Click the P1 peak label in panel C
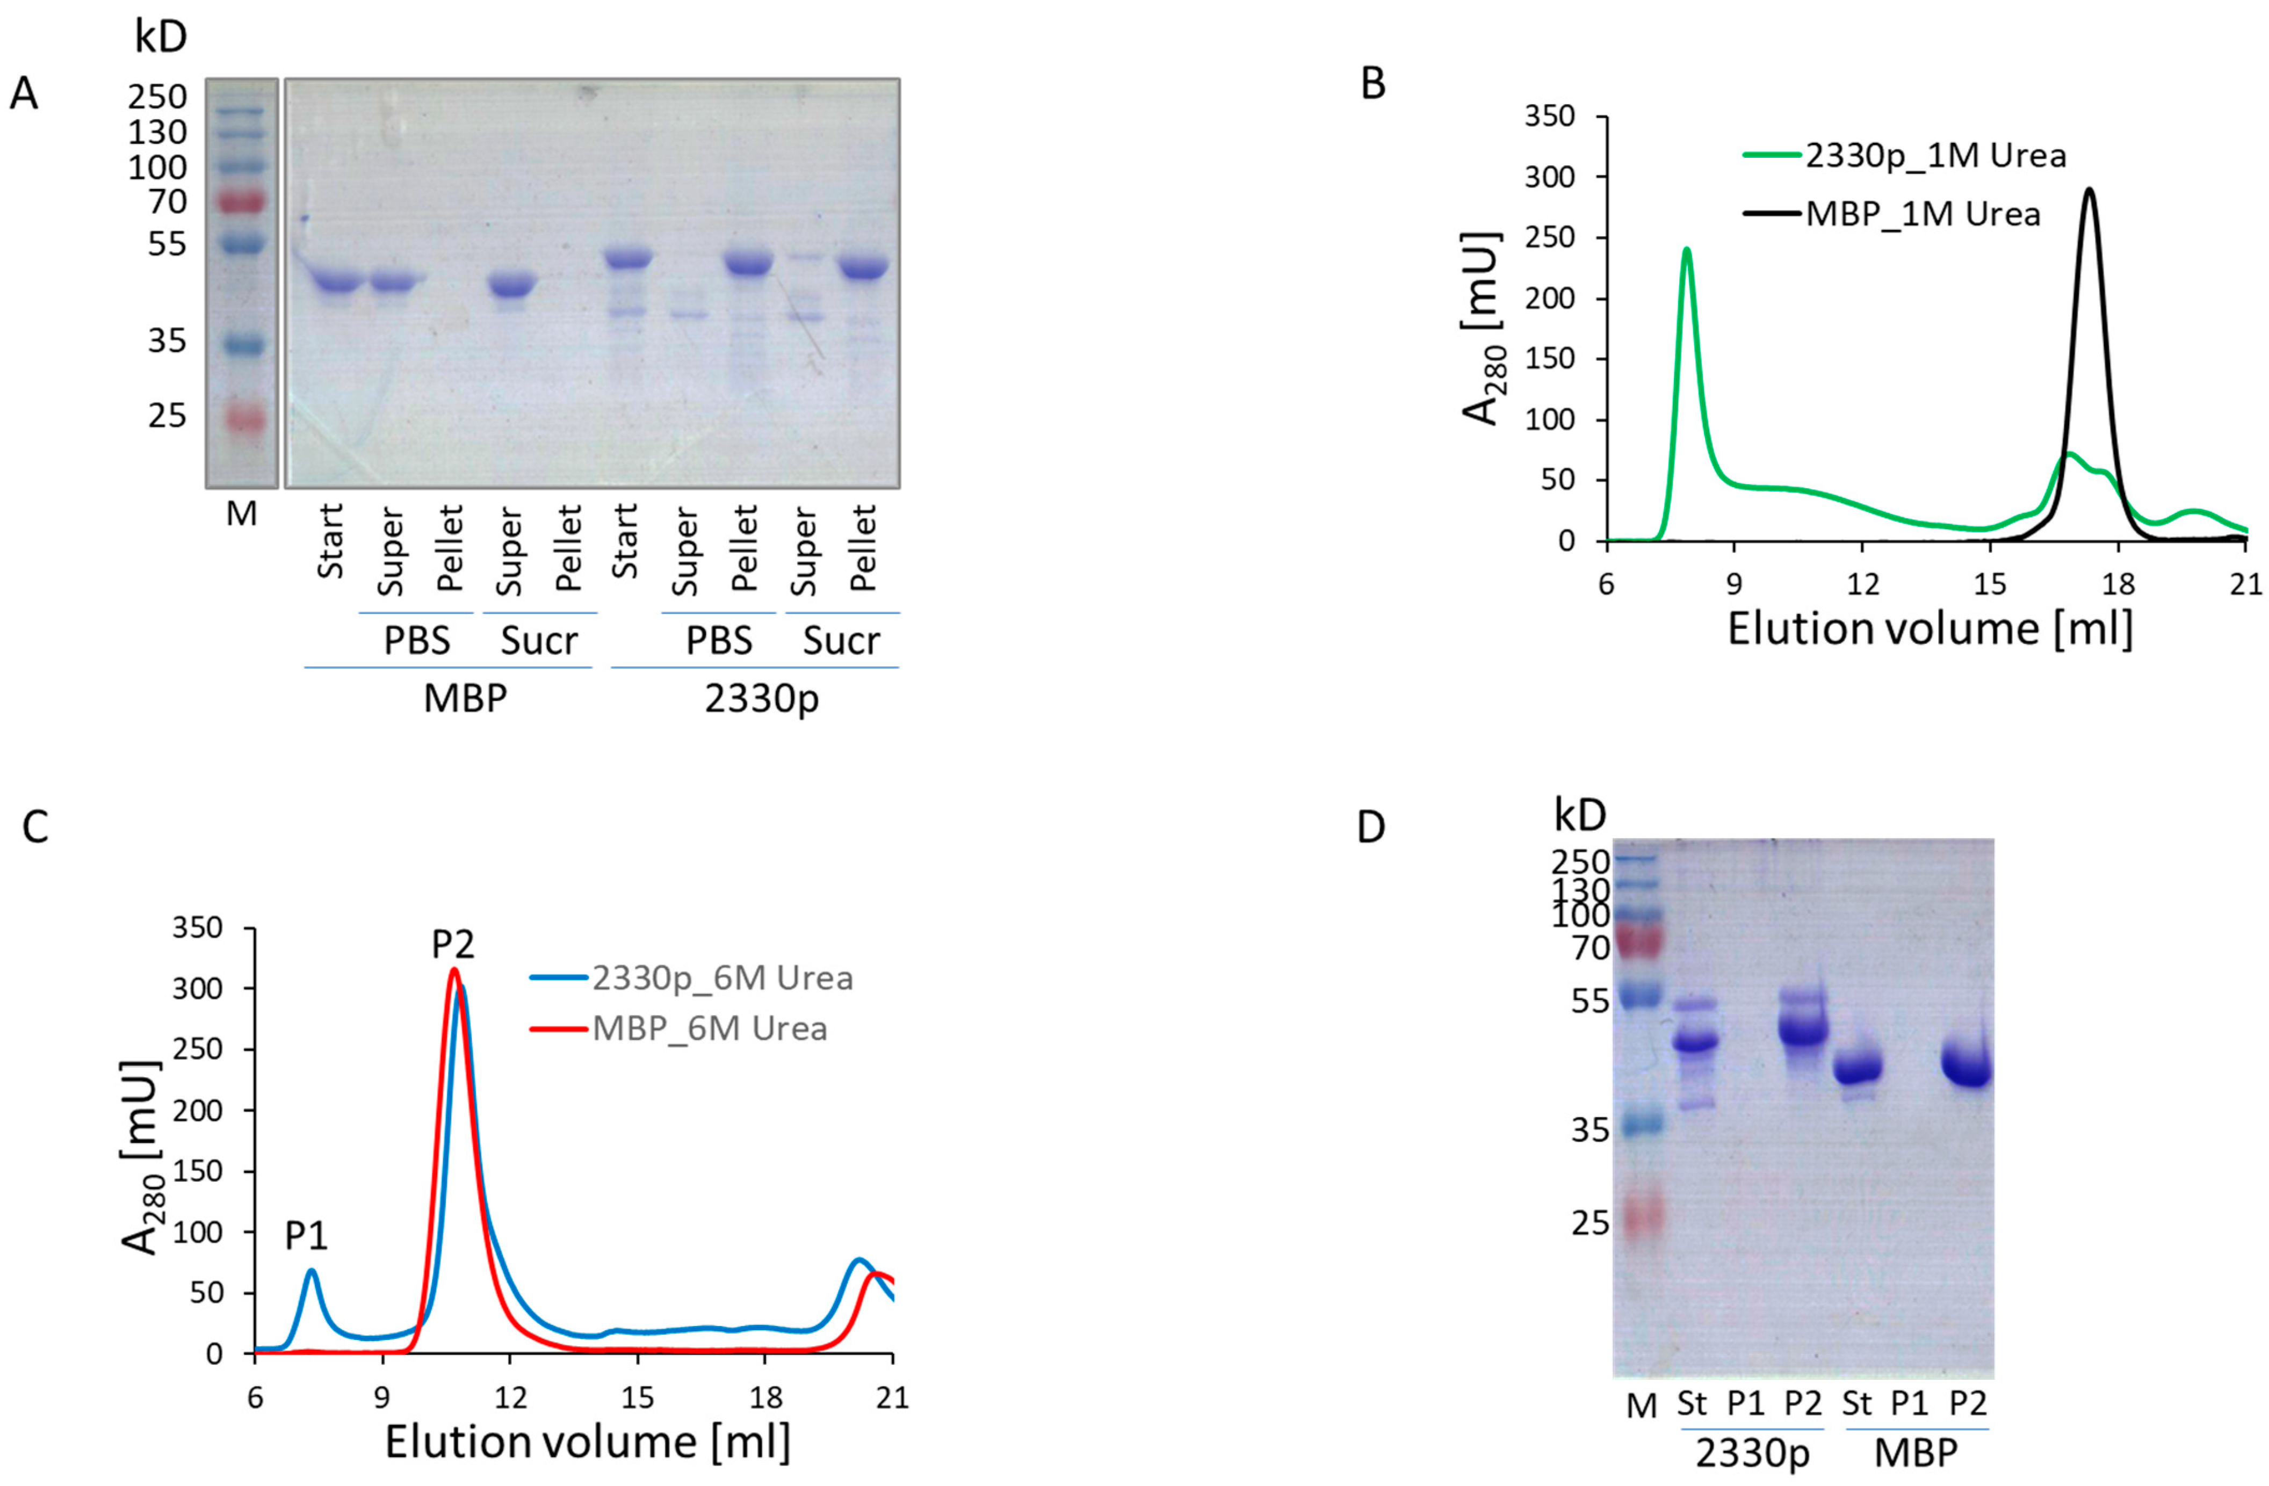point(306,1236)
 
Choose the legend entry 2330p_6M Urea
point(722,978)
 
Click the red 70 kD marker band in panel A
point(242,202)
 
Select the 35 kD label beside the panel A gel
point(167,340)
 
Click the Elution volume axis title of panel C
point(587,1441)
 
